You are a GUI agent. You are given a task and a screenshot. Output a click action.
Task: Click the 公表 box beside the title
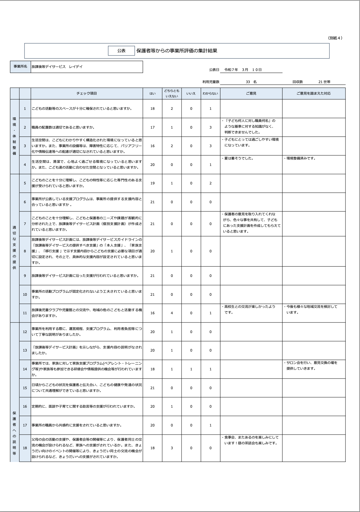coord(121,51)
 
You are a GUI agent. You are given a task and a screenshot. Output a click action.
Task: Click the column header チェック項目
coord(87,93)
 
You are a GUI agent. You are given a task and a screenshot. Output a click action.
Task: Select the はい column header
coord(152,93)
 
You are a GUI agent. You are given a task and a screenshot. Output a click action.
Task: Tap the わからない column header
coord(210,93)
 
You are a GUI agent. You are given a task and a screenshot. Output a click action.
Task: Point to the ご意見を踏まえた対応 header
coord(314,93)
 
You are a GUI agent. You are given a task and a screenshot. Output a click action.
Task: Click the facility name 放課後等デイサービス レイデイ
coord(57,67)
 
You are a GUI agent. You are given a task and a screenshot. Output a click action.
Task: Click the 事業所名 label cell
coord(20,67)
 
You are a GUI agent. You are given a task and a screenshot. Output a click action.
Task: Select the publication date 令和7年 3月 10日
coord(243,70)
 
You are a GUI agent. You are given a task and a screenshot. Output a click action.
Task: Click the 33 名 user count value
coord(251,82)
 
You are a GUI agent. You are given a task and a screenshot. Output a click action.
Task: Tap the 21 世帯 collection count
coord(324,82)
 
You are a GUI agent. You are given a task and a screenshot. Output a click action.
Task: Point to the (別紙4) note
coord(335,38)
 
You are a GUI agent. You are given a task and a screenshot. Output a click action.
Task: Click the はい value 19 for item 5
coord(152,183)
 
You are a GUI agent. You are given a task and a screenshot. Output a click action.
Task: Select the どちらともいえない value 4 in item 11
coord(172,313)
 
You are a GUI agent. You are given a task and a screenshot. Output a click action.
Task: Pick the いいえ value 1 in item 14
coord(191,369)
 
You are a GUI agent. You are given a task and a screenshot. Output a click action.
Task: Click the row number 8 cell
coord(25,251)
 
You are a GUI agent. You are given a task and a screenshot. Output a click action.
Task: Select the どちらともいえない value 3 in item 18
coord(172,448)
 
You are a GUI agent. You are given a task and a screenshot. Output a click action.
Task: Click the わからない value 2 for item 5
coord(210,183)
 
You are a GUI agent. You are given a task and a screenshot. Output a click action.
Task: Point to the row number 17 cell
coord(25,425)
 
